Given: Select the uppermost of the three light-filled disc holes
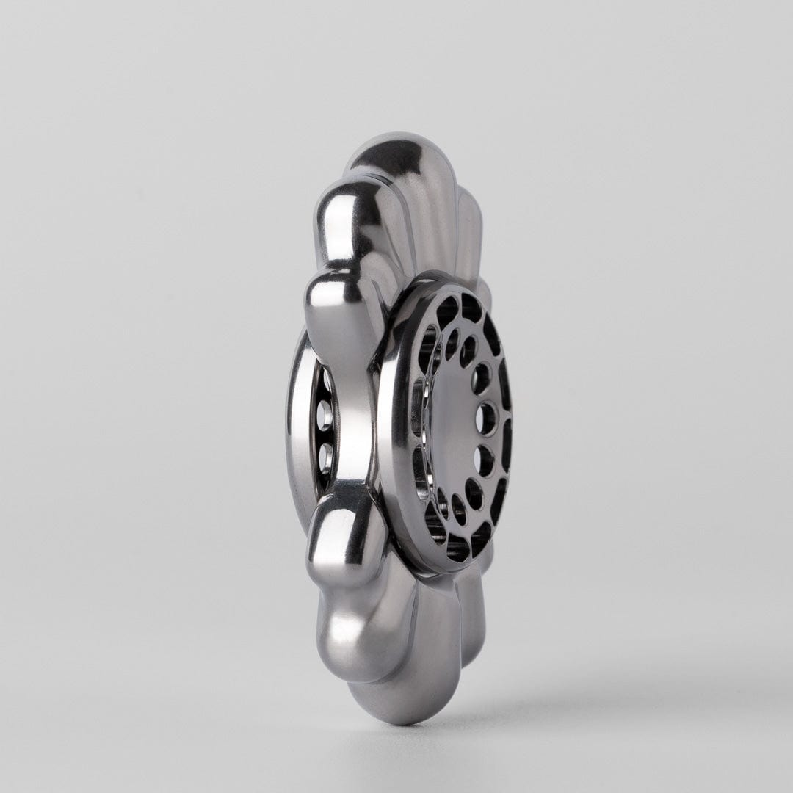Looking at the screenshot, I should click(481, 378).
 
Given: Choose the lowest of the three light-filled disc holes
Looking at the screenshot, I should click(484, 460).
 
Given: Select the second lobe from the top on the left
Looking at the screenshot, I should click(345, 213).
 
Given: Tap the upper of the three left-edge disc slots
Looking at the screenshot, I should click(427, 345).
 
